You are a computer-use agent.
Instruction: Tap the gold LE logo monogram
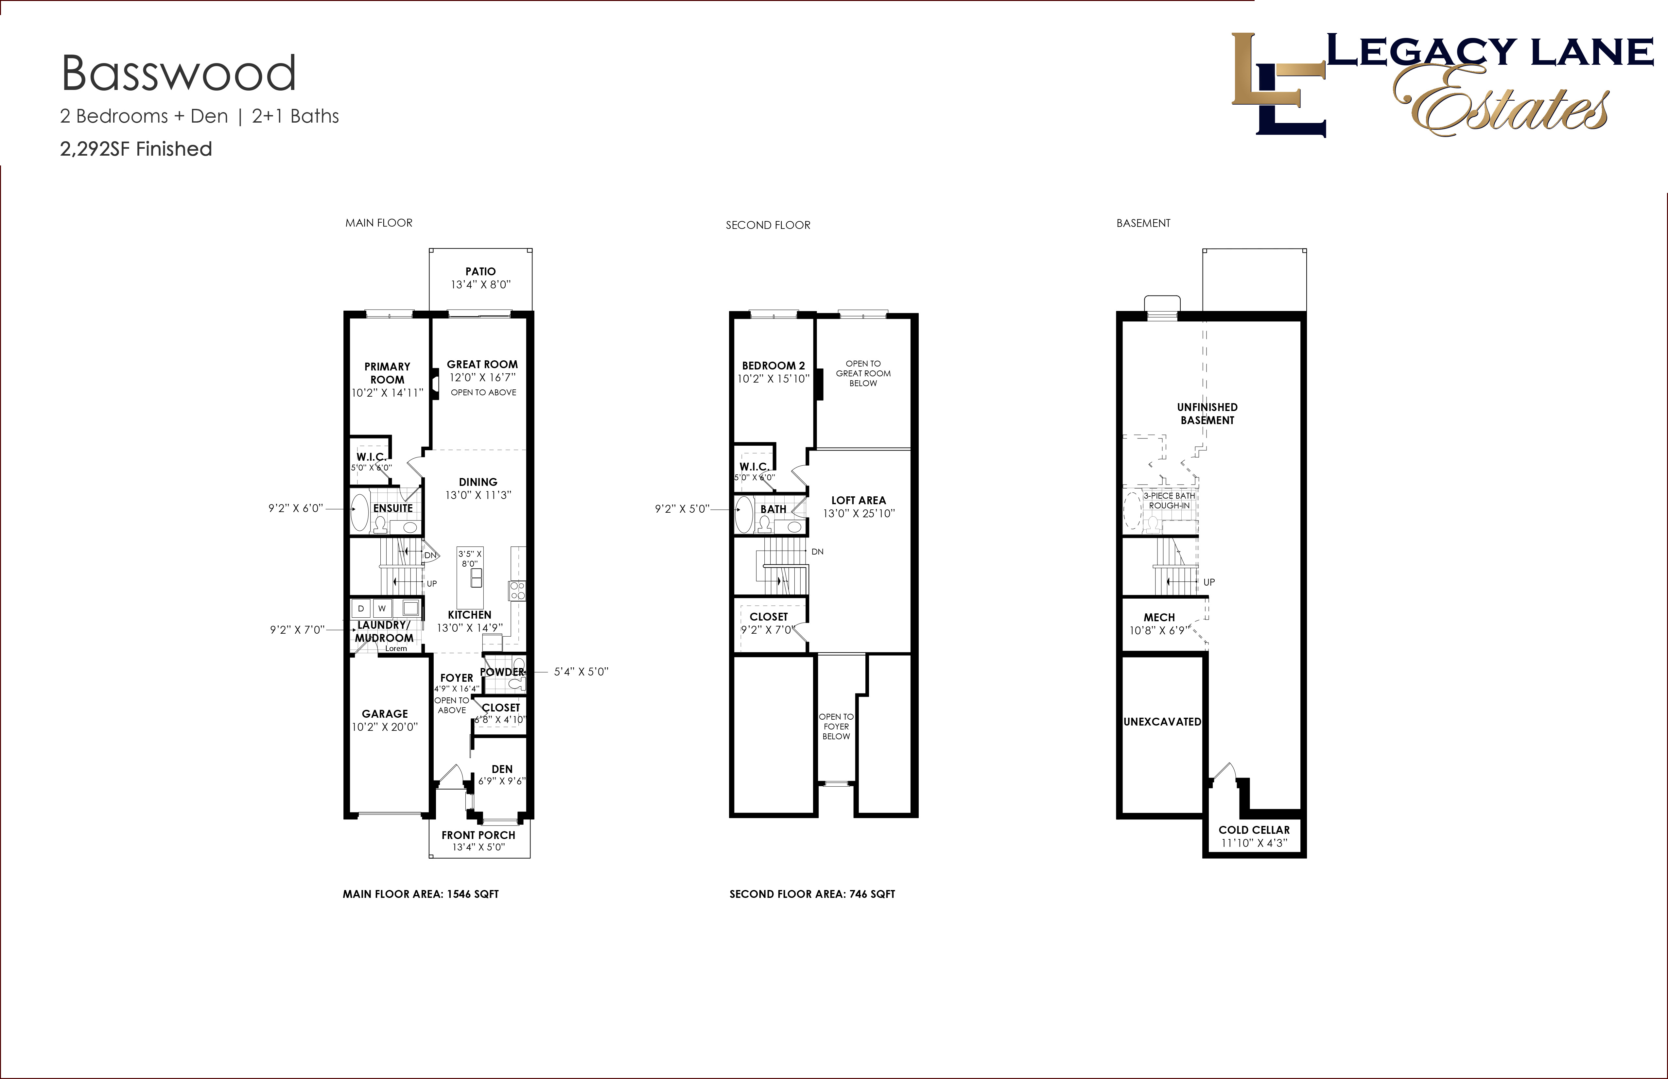[x=1278, y=84]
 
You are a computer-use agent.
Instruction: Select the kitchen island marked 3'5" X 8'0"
[x=470, y=577]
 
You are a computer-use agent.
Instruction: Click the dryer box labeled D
[x=361, y=608]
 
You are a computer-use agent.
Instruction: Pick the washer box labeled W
[x=382, y=608]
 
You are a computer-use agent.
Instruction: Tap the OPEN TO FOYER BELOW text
[x=836, y=727]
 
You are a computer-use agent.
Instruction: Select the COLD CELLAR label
[x=1254, y=830]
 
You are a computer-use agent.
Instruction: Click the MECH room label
[x=1159, y=617]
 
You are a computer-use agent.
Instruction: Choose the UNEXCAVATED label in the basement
[x=1162, y=722]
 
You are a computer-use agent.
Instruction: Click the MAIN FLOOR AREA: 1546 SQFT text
[x=421, y=894]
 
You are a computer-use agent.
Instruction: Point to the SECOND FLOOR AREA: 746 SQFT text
[x=812, y=894]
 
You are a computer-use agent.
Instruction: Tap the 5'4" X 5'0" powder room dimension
[x=581, y=671]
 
